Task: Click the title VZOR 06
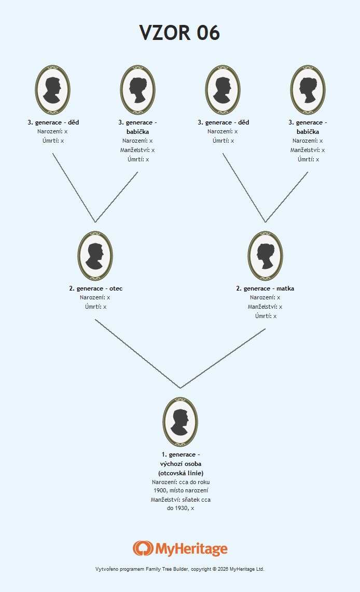(179, 33)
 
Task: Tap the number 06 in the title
(208, 33)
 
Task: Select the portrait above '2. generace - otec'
(95, 256)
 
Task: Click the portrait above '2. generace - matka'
(265, 256)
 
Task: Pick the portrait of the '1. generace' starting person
(181, 422)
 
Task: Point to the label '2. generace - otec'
(96, 288)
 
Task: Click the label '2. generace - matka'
(265, 288)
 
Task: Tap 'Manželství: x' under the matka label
(265, 307)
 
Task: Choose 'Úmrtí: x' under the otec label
(95, 307)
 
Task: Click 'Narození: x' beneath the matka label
(265, 297)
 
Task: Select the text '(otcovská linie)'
(181, 473)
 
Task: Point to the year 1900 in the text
(160, 490)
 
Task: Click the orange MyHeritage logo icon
(143, 548)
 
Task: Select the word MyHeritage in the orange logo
(191, 549)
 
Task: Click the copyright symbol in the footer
(214, 569)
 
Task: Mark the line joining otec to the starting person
(138, 354)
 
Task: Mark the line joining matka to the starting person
(223, 359)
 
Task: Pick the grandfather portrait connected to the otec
(53, 89)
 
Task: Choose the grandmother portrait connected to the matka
(308, 89)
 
